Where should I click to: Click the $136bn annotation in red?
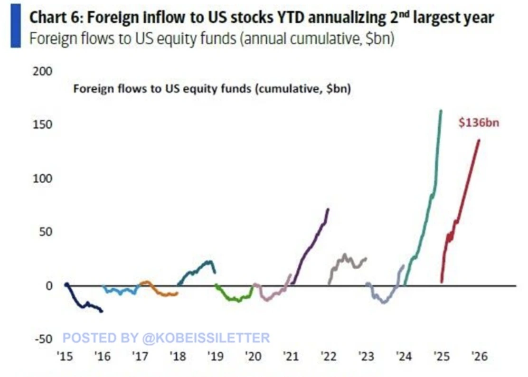pos(479,123)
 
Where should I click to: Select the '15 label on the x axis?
pos(65,356)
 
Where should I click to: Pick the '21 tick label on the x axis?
pos(291,356)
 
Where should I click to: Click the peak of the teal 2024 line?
pos(441,111)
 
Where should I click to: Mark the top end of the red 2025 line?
pos(479,140)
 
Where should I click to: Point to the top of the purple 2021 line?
pos(328,209)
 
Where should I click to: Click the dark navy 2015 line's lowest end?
pos(102,311)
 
